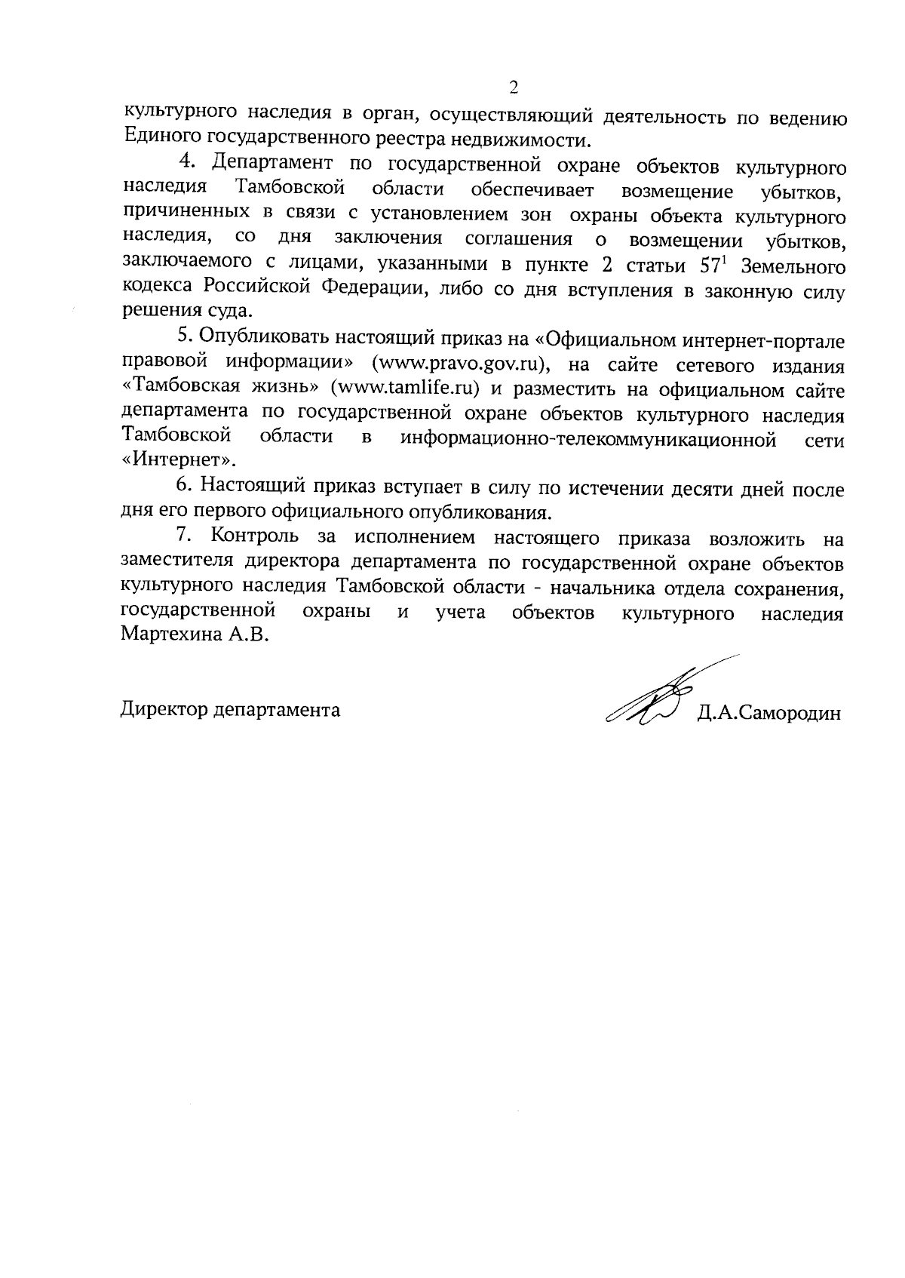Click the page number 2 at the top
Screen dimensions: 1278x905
(514, 88)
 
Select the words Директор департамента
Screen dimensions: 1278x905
(230, 710)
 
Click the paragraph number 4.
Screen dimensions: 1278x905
(188, 163)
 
